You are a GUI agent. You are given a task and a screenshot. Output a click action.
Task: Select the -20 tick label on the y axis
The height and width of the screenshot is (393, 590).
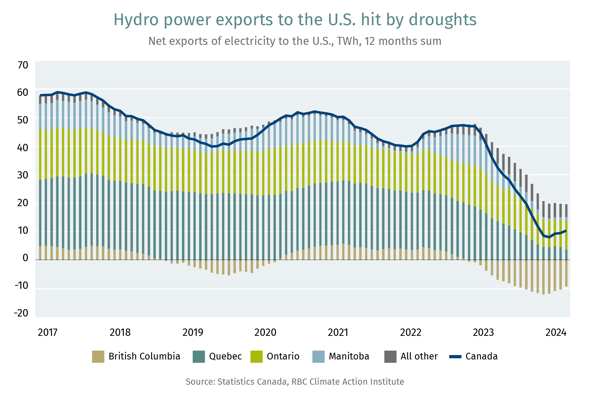[x=21, y=313]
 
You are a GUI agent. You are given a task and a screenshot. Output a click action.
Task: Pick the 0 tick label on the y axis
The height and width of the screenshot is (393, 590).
[x=25, y=258]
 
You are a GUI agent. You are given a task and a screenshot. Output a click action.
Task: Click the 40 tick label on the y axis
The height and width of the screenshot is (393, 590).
[x=22, y=147]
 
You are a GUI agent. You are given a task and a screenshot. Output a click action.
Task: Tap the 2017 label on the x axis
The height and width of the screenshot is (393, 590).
[x=47, y=332]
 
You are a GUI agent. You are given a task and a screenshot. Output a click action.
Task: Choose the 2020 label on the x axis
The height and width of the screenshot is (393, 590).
[x=265, y=332]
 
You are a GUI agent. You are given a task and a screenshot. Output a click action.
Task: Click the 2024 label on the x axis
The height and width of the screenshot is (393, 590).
[x=556, y=332]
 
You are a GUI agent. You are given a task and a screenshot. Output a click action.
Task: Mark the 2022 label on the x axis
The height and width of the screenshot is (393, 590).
[x=411, y=332]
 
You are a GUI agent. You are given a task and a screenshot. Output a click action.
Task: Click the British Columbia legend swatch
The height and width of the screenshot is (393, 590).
[x=98, y=356]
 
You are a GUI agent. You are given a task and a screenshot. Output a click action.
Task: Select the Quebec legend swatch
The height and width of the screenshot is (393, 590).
[x=199, y=356]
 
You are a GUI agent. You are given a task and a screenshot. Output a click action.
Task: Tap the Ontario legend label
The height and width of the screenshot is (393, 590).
[x=283, y=356]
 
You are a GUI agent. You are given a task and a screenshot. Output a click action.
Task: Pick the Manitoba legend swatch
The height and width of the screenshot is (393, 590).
[x=318, y=356]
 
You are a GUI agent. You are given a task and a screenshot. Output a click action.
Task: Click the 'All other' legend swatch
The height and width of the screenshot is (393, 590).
[x=390, y=356]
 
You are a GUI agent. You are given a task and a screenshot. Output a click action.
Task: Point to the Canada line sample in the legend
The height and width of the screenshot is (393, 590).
[x=455, y=357]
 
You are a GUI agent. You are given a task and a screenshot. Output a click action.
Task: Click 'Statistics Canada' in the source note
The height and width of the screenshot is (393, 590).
[x=252, y=382]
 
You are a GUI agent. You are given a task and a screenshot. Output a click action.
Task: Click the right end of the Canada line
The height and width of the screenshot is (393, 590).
[x=566, y=230]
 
